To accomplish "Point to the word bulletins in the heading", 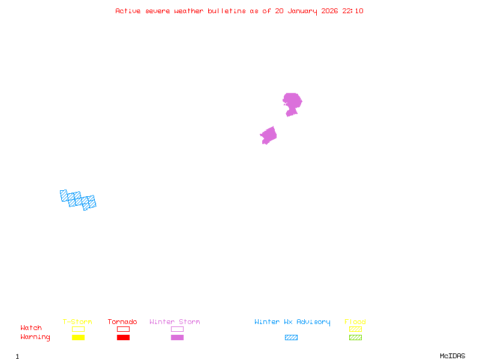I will coord(227,11).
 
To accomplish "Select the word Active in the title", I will coord(128,11).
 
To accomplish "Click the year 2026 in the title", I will coord(329,11).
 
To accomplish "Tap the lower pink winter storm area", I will coord(268,136).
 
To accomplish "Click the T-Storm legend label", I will coord(77,322).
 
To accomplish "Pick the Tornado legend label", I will coord(122,322).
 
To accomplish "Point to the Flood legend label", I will coord(355,322).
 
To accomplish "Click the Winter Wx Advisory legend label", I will coord(292,322).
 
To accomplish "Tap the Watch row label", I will coord(31,328).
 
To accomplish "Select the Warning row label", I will coord(35,337).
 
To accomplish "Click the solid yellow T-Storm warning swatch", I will coord(78,338).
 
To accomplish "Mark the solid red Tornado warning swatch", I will coord(123,338).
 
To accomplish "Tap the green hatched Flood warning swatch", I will coord(355,338).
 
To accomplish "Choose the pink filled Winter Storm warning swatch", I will coord(177,338).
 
